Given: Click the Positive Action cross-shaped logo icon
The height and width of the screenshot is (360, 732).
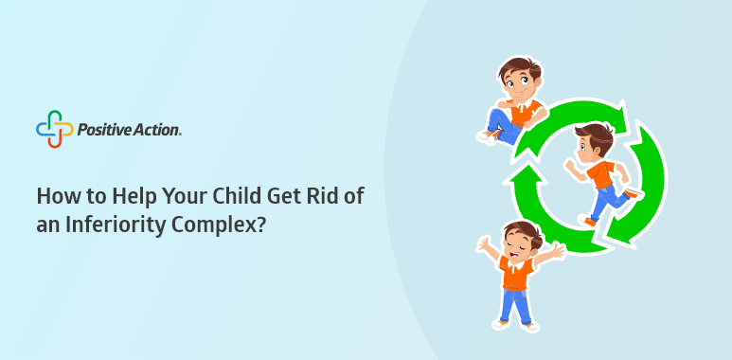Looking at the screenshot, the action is pyautogui.click(x=55, y=129).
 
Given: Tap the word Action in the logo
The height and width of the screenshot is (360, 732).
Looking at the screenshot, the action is pyautogui.click(x=152, y=130).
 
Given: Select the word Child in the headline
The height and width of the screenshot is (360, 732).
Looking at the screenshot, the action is pyautogui.click(x=238, y=196).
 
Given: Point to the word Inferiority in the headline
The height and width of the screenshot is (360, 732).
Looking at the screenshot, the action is pyautogui.click(x=114, y=225).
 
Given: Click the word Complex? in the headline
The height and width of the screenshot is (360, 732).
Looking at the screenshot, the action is pyautogui.click(x=219, y=225).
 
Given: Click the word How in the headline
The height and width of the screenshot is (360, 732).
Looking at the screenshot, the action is pyautogui.click(x=55, y=196).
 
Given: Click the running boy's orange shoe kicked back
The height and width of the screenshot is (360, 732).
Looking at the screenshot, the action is pyautogui.click(x=633, y=192).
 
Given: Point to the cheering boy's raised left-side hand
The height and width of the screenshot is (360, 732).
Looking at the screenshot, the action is pyautogui.click(x=484, y=243).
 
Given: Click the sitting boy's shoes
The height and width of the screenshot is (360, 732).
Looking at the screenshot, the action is pyautogui.click(x=491, y=135).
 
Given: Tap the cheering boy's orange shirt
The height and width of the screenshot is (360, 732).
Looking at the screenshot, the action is pyautogui.click(x=516, y=272).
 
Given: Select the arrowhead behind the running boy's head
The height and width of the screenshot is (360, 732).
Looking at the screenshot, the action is pyautogui.click(x=620, y=115).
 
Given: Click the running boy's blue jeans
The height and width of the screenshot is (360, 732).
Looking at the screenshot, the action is pyautogui.click(x=607, y=199).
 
